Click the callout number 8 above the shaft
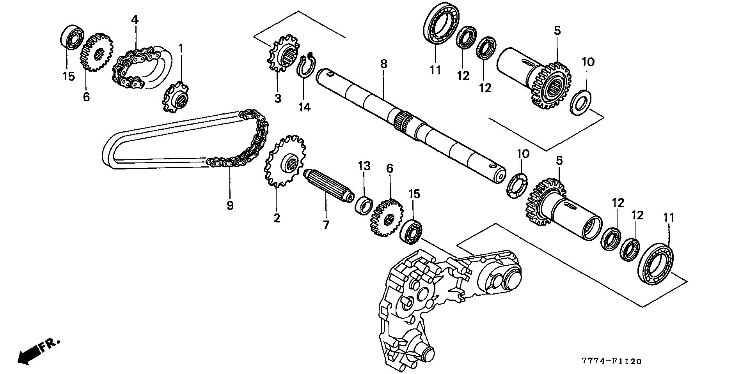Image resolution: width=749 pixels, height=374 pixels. pyautogui.click(x=384, y=64)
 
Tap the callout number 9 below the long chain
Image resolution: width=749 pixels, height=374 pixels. pyautogui.click(x=230, y=205)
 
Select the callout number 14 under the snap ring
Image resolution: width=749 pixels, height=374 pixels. pyautogui.click(x=304, y=107)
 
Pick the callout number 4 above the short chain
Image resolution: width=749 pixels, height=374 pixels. pyautogui.click(x=135, y=19)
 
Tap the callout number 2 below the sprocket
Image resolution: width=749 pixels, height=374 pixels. pyautogui.click(x=277, y=218)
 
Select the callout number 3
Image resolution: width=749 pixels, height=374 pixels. pyautogui.click(x=277, y=98)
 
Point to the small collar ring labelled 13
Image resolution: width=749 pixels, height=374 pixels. pyautogui.click(x=364, y=205)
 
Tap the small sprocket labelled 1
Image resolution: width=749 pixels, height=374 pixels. pyautogui.click(x=175, y=97)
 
